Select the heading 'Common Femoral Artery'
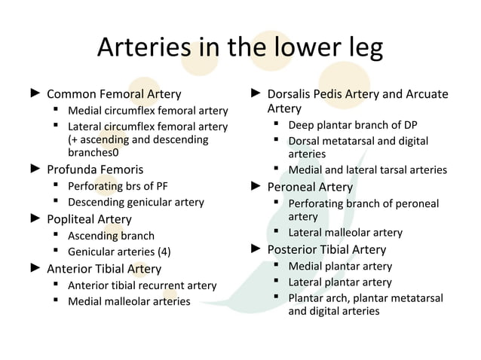coord(114,95)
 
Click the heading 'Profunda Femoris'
coord(95,169)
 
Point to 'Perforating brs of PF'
coord(119,185)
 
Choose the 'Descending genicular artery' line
coord(136,202)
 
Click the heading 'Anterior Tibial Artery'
coord(103,269)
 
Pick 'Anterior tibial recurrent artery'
coord(142,285)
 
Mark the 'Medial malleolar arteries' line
coord(128,302)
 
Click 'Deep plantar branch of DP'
coord(352,125)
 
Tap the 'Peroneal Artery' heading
coord(310,187)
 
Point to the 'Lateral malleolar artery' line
coord(345,233)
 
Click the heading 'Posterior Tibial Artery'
coord(326,249)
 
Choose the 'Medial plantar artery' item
coord(340,266)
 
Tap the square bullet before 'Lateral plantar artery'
coord(277,282)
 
